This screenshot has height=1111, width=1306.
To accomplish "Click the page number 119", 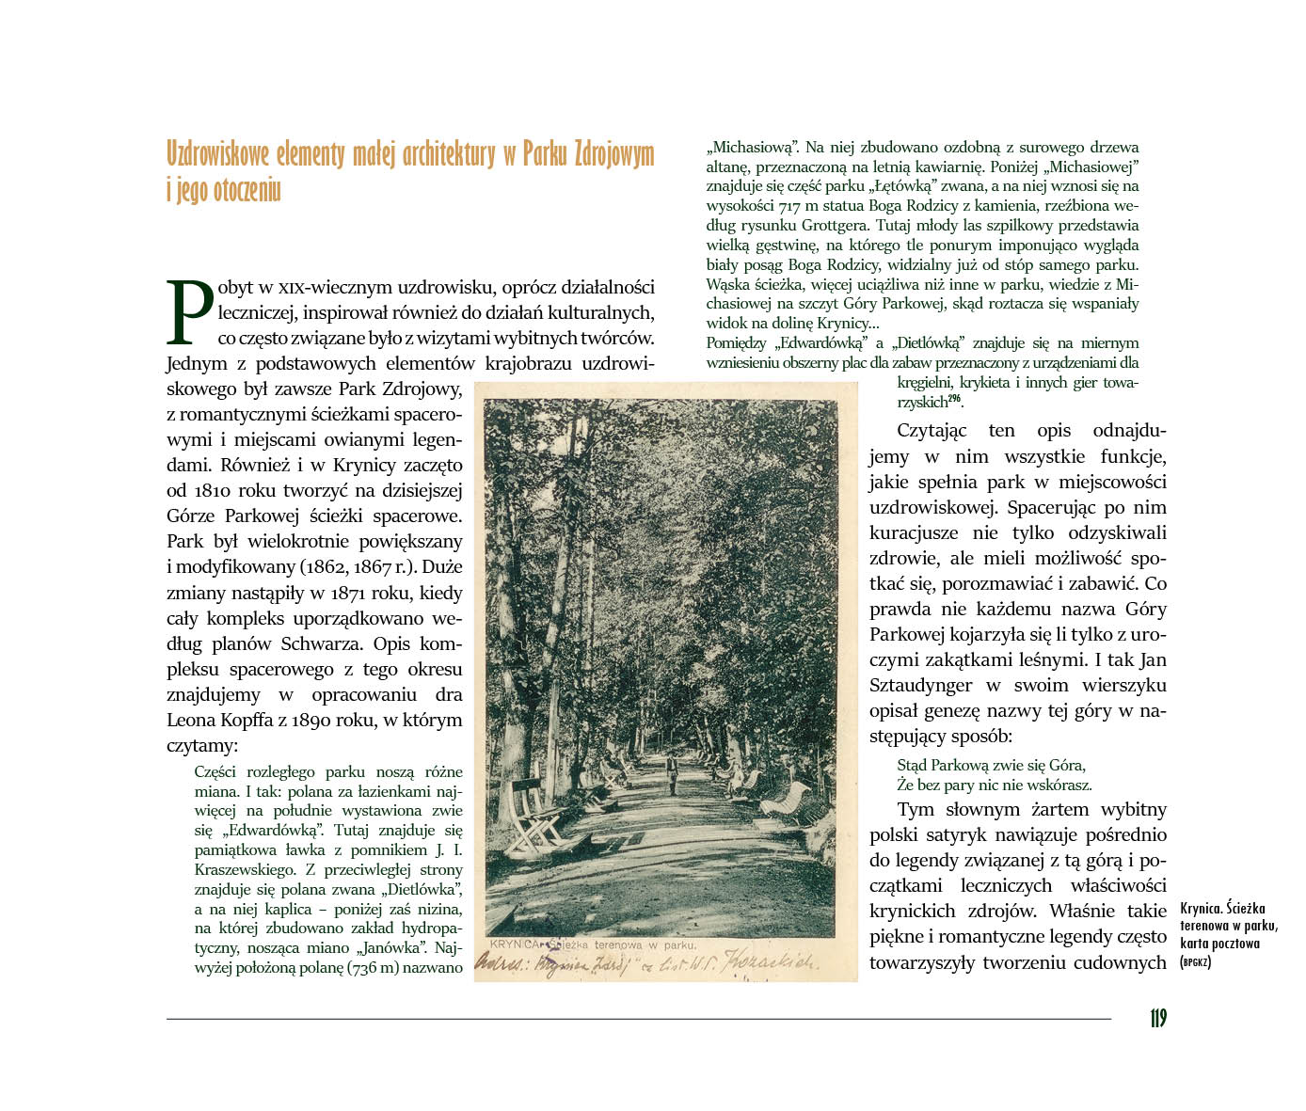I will click(1157, 1019).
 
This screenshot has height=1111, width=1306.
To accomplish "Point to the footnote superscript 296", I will click(954, 399).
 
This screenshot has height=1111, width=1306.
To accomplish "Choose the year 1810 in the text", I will click(214, 491).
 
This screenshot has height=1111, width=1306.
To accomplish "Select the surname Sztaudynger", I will click(922, 686).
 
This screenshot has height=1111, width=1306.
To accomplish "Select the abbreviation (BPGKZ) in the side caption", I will click(1195, 962).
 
